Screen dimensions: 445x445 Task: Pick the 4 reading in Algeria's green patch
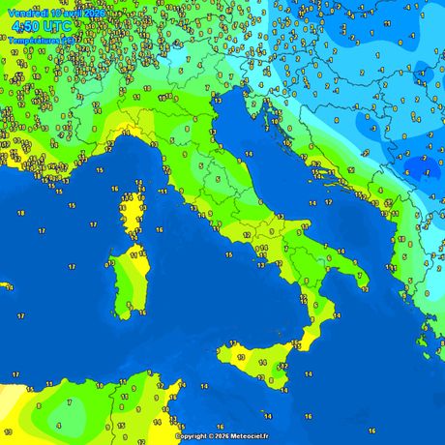pyautogui.click(x=58, y=425)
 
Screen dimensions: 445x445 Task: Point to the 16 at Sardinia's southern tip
pyautogui.click(x=128, y=312)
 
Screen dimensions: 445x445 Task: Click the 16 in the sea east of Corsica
pyautogui.click(x=159, y=230)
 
